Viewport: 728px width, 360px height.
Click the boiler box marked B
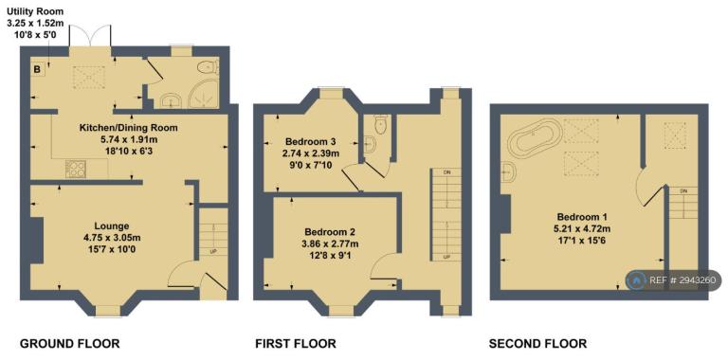click(38, 70)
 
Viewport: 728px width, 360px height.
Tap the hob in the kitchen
click(74, 169)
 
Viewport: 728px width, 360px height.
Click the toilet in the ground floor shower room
click(208, 67)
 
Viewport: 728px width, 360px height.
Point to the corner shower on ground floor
click(202, 96)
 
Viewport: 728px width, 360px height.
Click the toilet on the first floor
click(381, 124)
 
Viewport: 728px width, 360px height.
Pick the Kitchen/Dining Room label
click(128, 127)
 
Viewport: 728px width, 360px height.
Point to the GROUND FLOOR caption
click(70, 344)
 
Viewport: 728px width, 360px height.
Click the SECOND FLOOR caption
click(537, 344)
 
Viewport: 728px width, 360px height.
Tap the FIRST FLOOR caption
click(296, 344)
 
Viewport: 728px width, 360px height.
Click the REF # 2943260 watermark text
click(685, 280)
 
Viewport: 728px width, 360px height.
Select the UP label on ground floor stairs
click(214, 251)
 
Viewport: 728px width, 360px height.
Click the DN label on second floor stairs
click(683, 190)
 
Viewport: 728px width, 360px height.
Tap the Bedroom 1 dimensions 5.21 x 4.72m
click(584, 227)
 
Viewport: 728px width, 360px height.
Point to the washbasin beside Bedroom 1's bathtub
click(509, 173)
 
